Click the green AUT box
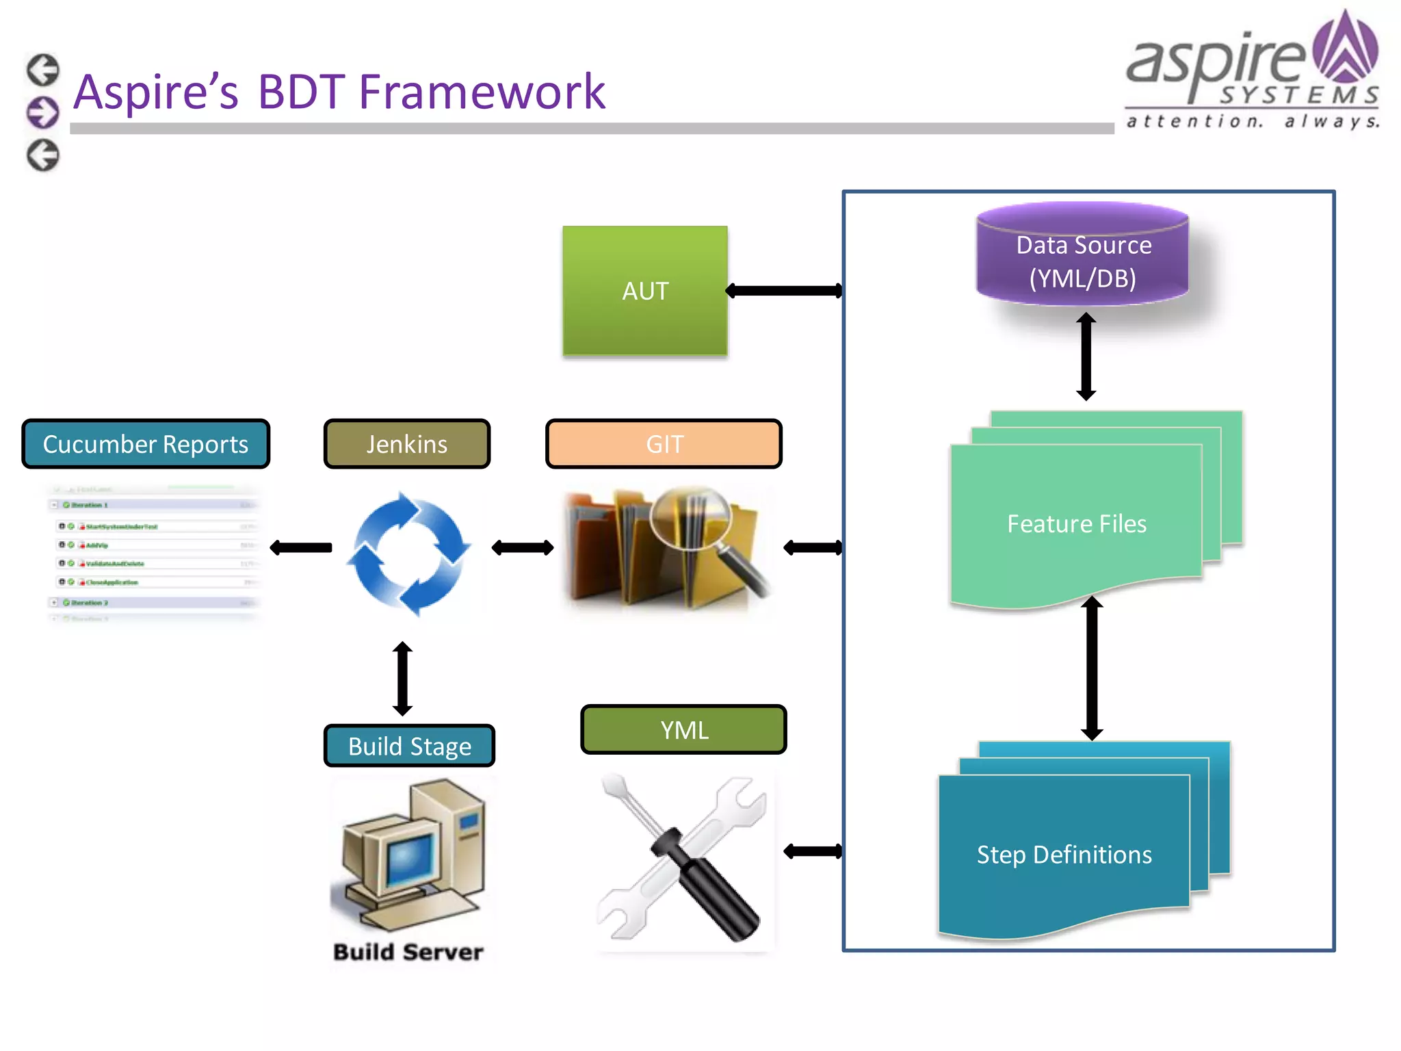click(x=644, y=291)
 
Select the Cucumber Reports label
click(x=146, y=444)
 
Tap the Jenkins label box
click(x=407, y=444)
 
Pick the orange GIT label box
click(x=664, y=444)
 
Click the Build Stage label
click(x=409, y=746)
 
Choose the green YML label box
click(x=683, y=730)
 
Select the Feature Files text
click(x=1077, y=524)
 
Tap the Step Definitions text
click(x=1064, y=855)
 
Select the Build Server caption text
click(x=408, y=952)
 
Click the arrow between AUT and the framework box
click(x=784, y=291)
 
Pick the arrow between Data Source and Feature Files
click(x=1086, y=356)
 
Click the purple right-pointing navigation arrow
click(x=43, y=112)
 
